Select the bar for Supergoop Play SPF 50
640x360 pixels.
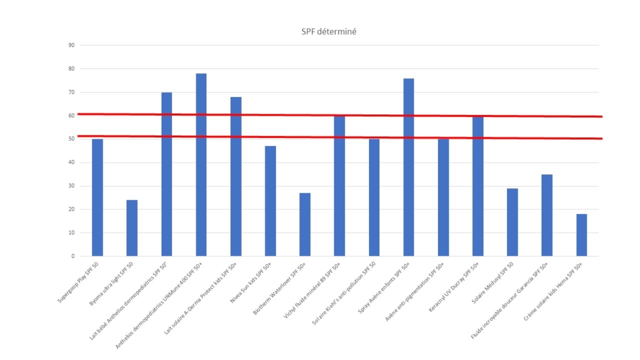pos(98,197)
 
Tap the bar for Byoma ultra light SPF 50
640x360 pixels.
pos(132,228)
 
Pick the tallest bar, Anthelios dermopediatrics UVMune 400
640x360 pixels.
pos(201,165)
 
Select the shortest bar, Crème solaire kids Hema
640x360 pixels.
pos(581,234)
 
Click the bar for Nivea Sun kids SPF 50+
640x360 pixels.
pos(270,201)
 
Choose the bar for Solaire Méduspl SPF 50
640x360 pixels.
pos(512,222)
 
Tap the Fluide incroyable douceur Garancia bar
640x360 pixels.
pos(547,215)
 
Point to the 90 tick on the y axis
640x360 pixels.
pos(71,45)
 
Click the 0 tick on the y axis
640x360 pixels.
pos(73,256)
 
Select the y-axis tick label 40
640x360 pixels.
pos(71,162)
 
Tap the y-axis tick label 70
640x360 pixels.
pos(71,92)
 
